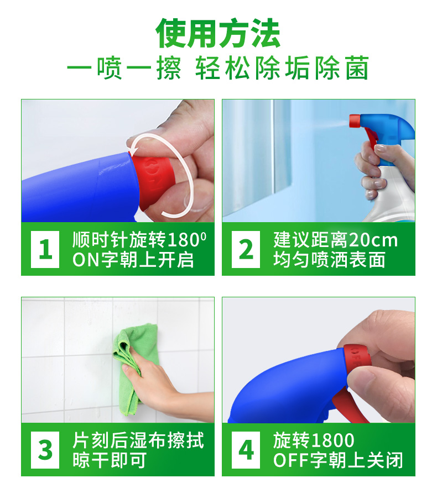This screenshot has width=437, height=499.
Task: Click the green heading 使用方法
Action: click(218, 33)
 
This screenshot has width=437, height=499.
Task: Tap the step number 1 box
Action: click(45, 249)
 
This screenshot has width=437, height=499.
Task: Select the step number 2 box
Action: click(246, 249)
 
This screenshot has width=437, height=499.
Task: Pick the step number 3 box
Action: click(45, 450)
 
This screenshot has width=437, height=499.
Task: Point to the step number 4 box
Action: click(246, 450)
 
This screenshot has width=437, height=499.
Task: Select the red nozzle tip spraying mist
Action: click(354, 121)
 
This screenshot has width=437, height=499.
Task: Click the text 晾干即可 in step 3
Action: click(110, 460)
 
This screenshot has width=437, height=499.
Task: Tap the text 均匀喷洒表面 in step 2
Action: click(329, 260)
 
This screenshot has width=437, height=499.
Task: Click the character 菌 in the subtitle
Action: click(357, 68)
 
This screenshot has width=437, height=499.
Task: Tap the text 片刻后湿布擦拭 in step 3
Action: click(138, 441)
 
